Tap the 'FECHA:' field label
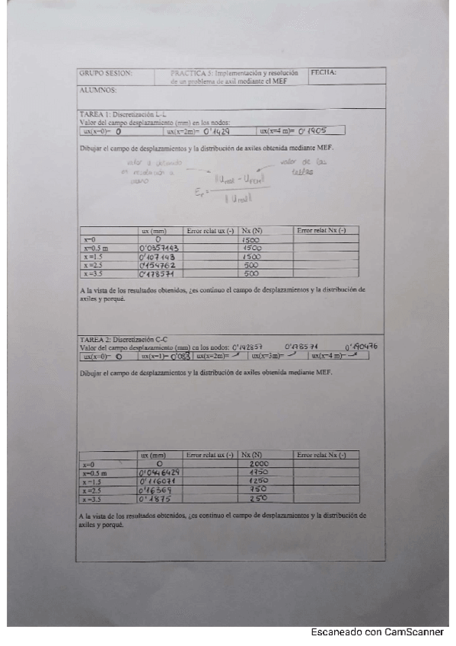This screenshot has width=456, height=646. pyautogui.click(x=324, y=73)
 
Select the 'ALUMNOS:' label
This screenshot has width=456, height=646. pyautogui.click(x=97, y=90)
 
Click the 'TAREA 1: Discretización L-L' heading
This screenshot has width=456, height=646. pyautogui.click(x=123, y=114)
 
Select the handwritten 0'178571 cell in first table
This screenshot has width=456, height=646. pyautogui.click(x=158, y=273)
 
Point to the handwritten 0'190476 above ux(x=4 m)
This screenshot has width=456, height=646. pyautogui.click(x=361, y=347)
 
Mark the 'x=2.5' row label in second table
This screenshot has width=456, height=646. pyautogui.click(x=92, y=491)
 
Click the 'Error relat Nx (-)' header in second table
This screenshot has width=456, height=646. pyautogui.click(x=321, y=455)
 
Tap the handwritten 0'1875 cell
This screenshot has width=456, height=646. pyautogui.click(x=156, y=499)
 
